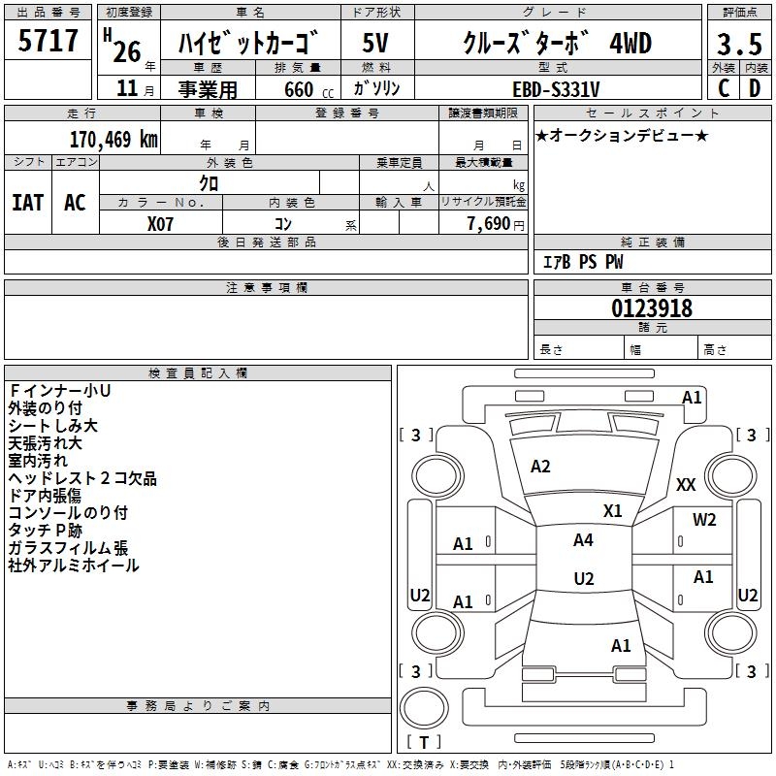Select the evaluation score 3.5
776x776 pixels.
click(739, 44)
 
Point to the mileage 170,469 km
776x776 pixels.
click(113, 140)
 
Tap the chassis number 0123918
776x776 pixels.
click(652, 309)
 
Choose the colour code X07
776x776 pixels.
click(160, 224)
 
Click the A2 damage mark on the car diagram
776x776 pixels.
click(540, 467)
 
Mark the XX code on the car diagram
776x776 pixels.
click(686, 485)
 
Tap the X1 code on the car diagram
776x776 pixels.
click(613, 510)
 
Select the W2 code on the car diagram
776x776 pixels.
click(704, 520)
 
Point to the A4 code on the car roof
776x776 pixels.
click(583, 540)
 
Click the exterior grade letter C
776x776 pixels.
click(723, 88)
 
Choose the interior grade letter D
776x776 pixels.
click(755, 88)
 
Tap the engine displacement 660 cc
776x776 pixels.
click(296, 89)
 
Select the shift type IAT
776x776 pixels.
click(27, 203)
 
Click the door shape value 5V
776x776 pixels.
click(375, 44)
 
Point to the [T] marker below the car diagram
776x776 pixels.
click(424, 742)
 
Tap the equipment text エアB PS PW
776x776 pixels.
click(582, 262)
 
